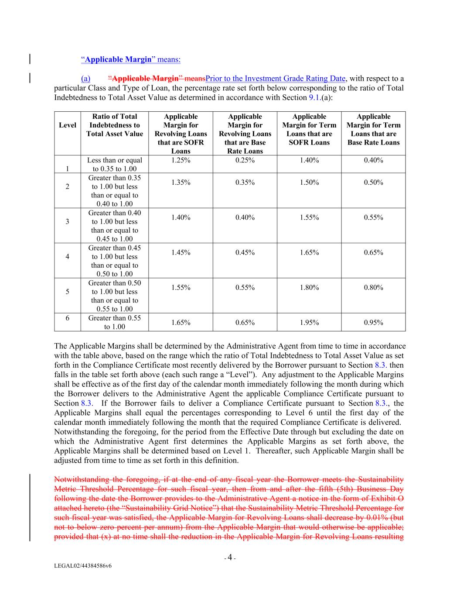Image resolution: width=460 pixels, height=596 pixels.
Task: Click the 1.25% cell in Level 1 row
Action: (x=181, y=160)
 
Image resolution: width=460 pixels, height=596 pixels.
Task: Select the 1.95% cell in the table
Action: (x=309, y=323)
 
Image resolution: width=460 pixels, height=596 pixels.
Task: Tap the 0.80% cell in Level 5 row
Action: (x=373, y=287)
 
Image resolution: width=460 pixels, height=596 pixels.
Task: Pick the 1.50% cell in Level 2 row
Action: (x=309, y=182)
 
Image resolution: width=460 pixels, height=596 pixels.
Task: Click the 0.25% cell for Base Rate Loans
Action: (x=245, y=160)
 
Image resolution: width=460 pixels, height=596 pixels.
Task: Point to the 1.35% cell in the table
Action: (x=181, y=182)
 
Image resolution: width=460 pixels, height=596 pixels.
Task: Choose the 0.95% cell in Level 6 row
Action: (x=373, y=323)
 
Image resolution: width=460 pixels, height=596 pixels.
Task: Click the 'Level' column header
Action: (x=67, y=125)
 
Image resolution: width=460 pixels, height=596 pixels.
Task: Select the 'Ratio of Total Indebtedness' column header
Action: (x=114, y=125)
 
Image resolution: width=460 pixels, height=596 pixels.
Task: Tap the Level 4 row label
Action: (x=67, y=256)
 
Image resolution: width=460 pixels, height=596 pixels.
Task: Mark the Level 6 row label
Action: (x=67, y=318)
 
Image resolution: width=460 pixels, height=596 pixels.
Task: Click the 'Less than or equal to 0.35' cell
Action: (x=114, y=165)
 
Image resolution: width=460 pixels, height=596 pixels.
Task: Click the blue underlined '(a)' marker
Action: (x=85, y=79)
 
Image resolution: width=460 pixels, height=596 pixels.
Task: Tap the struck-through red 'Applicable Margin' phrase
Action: (x=145, y=79)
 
